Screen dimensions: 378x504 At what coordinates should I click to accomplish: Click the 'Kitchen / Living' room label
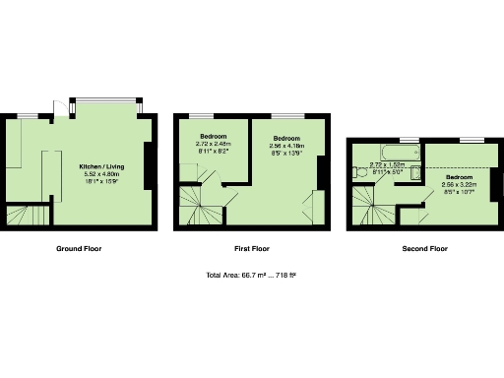point(101,166)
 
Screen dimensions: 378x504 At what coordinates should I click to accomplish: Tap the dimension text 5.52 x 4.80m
point(101,174)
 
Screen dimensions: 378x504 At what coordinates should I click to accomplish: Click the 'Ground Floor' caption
point(78,249)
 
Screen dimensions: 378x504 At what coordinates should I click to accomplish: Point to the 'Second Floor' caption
point(424,249)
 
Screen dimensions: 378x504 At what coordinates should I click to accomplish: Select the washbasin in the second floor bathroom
point(415,174)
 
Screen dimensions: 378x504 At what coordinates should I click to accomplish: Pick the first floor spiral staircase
point(201,208)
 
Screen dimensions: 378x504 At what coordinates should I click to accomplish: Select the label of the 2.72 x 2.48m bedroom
point(214,135)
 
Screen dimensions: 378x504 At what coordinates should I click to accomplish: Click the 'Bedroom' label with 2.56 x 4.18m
point(285,138)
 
